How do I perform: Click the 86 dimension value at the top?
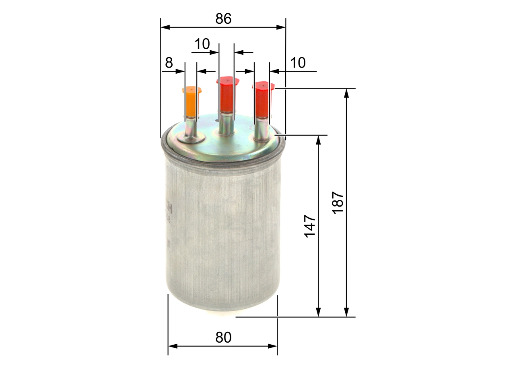223,19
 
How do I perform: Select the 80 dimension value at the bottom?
223,337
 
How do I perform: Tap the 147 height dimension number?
309,226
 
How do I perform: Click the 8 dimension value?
169,63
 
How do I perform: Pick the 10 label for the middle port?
202,44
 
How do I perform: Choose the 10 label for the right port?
298,63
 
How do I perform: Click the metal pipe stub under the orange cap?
191,129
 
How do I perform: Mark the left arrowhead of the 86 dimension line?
164,27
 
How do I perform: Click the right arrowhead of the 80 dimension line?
274,346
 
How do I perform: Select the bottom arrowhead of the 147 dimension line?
318,313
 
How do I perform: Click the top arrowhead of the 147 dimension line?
318,139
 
